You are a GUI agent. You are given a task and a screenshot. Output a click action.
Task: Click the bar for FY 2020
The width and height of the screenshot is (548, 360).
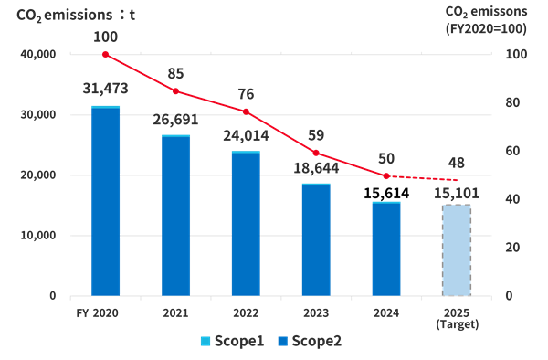point(105,201)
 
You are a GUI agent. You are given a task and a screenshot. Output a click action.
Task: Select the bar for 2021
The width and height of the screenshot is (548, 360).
point(175,216)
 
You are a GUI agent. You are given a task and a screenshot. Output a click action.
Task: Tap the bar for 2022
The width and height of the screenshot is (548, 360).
point(245,224)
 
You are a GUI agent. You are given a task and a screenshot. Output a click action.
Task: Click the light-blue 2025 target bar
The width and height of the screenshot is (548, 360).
point(456,249)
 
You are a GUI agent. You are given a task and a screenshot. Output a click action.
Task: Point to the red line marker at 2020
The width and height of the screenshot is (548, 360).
point(105,55)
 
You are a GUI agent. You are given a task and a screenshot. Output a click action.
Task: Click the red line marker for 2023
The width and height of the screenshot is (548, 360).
point(315,154)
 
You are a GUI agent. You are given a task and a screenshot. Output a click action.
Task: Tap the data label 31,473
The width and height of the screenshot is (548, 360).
point(105,89)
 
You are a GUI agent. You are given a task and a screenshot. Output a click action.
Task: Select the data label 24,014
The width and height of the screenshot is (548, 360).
point(245,137)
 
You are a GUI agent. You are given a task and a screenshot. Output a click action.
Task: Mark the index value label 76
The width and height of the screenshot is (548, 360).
point(245,91)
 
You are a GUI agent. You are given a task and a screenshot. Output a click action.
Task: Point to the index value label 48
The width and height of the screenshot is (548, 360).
point(456,163)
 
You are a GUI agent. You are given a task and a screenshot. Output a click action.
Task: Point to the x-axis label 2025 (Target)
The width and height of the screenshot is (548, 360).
point(456,316)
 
